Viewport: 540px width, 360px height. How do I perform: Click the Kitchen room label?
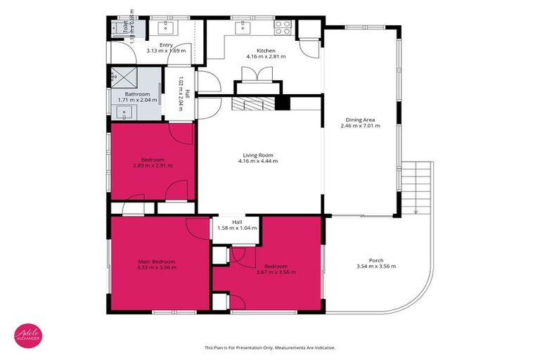point(265,51)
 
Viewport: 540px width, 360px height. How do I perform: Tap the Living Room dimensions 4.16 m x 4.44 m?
point(258,161)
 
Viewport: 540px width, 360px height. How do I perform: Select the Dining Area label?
point(360,120)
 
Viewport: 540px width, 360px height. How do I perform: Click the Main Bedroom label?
point(156,260)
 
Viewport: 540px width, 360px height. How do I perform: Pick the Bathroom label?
point(137,94)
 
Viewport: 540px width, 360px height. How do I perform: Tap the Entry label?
point(166,44)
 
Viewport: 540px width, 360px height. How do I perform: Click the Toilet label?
point(126,27)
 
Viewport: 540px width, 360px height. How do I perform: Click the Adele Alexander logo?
point(28,336)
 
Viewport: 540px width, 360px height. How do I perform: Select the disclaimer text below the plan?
point(269,347)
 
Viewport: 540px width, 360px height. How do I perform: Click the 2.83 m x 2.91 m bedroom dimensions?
point(153,165)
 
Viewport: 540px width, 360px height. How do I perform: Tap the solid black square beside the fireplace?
point(282,103)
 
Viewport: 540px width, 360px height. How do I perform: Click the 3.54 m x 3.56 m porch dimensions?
point(376,266)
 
